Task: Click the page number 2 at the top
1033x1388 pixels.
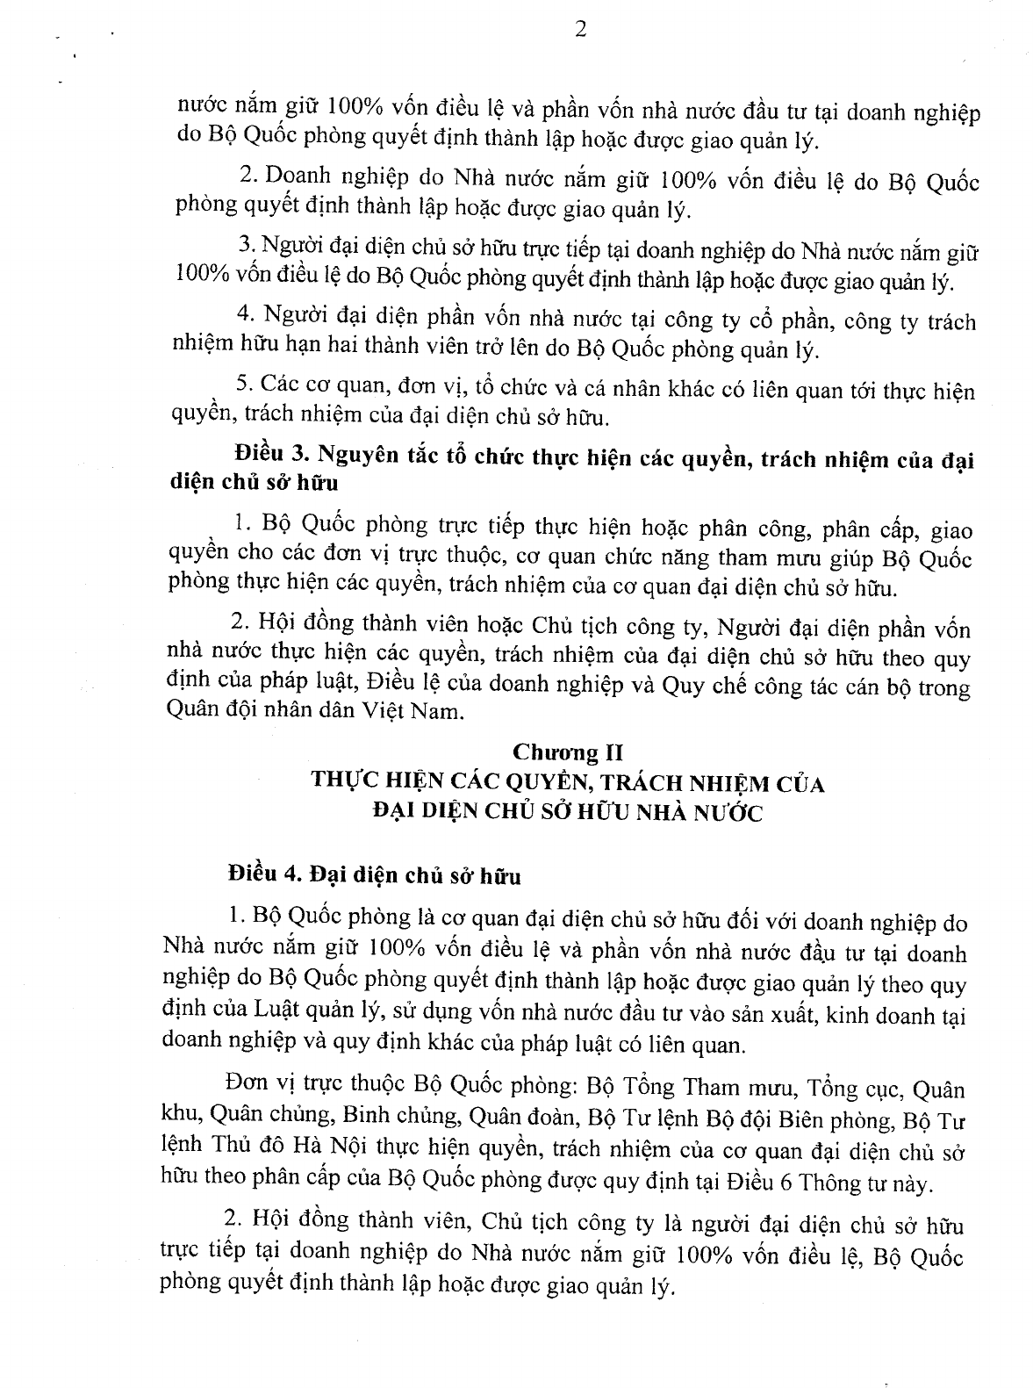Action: coord(579,29)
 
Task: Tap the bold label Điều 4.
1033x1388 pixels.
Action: coord(264,875)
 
